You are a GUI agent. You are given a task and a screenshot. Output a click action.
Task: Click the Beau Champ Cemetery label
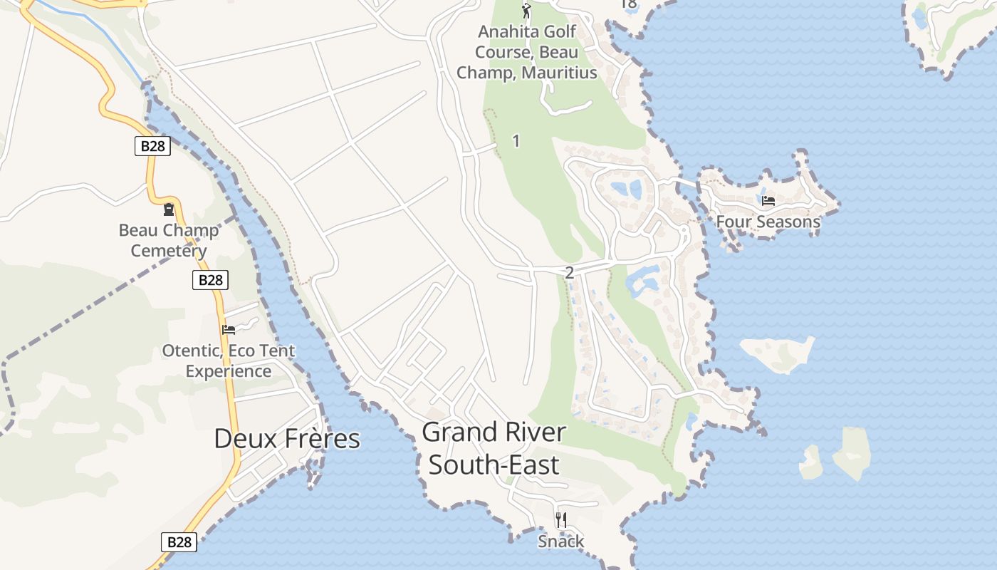point(169,240)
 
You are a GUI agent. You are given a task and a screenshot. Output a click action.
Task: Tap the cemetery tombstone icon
point(169,209)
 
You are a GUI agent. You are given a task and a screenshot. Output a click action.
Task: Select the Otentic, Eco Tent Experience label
point(228,361)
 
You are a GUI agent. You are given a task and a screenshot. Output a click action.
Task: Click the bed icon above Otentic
point(228,329)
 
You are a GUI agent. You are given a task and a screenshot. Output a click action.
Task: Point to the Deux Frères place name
point(287,439)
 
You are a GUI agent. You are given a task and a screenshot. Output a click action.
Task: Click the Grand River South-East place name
point(494,448)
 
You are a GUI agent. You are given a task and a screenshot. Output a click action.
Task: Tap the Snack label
point(560,541)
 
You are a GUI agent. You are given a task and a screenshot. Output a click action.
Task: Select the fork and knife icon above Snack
point(561,519)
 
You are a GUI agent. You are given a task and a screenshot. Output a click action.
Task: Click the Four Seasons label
point(768,222)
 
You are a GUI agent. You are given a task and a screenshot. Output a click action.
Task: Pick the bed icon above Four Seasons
point(768,201)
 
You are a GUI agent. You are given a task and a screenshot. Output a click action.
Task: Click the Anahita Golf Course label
point(526,52)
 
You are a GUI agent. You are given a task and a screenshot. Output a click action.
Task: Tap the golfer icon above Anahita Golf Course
point(526,11)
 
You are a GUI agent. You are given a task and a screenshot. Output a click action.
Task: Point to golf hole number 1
point(516,141)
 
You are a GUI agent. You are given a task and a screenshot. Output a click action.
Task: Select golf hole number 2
point(568,272)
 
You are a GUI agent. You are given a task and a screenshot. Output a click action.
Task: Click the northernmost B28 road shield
point(152,146)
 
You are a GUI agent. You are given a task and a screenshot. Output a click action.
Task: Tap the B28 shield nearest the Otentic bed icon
point(210,280)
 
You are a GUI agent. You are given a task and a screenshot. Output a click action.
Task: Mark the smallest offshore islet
point(810,462)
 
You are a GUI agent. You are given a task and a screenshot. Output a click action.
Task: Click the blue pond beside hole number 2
point(643,280)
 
